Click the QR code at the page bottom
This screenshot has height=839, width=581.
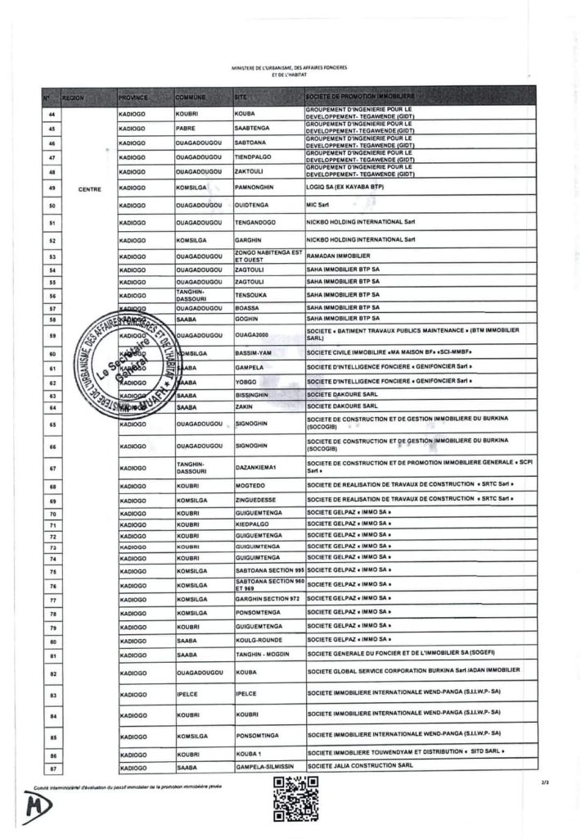[x=295, y=799]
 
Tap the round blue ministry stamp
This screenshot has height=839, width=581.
[x=135, y=364]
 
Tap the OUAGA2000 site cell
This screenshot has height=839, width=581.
[x=250, y=336]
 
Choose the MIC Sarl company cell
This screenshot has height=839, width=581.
[x=318, y=205]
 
